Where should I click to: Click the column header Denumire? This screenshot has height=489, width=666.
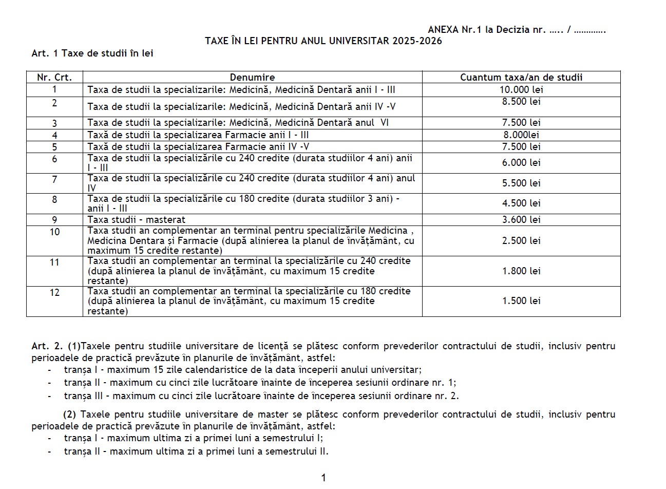coord(252,78)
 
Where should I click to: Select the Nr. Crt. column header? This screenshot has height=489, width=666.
coord(54,78)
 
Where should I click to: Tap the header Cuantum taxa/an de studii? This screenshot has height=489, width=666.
coord(521,78)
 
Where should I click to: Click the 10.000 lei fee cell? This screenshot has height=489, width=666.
coord(521,90)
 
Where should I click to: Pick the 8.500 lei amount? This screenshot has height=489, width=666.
coord(521,102)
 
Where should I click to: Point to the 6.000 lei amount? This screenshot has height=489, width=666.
coord(521,163)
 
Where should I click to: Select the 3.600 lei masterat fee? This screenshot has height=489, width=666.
coord(521,219)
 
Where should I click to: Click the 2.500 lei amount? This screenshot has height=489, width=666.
coord(521,240)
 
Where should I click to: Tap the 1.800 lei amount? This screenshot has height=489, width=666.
coord(521,271)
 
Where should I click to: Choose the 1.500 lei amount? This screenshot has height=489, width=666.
coord(521,301)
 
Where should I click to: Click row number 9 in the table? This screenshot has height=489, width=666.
coord(54,220)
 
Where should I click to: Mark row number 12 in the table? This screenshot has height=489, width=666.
coord(54,293)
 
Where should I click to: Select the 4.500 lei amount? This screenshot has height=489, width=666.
coord(521,203)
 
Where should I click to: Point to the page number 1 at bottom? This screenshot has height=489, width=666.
coord(324,478)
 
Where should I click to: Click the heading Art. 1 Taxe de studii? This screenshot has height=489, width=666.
coord(92,53)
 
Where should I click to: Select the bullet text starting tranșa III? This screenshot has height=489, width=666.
coord(261,396)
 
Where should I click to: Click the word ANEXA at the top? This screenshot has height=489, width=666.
coord(443,30)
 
